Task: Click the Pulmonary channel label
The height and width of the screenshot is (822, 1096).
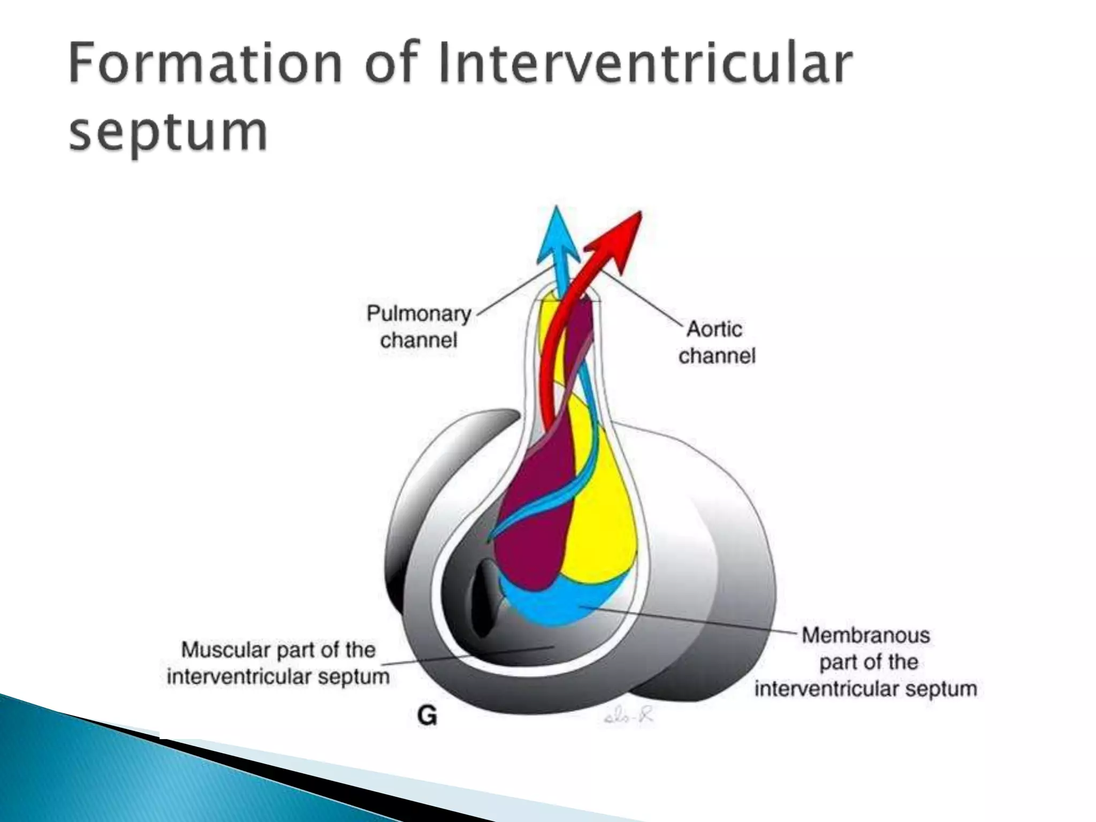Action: (418, 326)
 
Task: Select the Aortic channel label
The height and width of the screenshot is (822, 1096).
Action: (716, 342)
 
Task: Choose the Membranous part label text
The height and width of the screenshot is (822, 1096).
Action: (866, 662)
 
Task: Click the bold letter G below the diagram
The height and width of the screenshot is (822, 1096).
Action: (427, 716)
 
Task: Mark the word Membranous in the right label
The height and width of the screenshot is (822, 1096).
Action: (866, 636)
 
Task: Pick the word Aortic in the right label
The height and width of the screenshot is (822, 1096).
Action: (714, 330)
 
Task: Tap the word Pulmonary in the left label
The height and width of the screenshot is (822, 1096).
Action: (418, 314)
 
